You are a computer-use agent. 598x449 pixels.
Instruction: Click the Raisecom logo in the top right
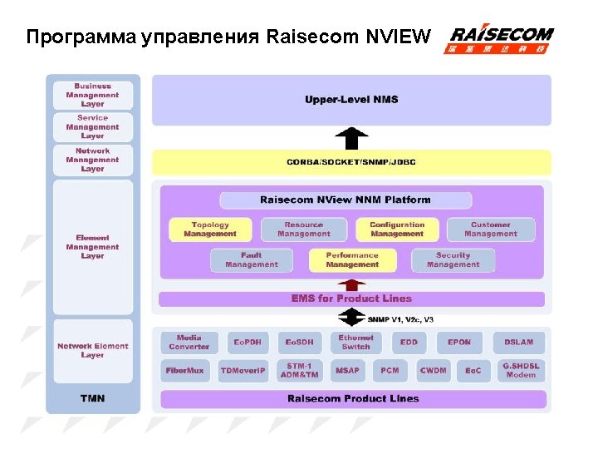[x=501, y=39]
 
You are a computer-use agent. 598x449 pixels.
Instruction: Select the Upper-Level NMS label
[x=351, y=100]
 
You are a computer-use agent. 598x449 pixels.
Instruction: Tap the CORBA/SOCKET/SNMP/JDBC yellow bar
[x=351, y=161]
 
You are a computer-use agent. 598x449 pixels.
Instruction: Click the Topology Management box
[x=209, y=229]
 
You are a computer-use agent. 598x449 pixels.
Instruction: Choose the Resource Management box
[x=303, y=229]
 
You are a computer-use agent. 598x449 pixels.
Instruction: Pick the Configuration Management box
[x=396, y=229]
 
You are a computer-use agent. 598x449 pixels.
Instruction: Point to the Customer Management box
[x=490, y=229]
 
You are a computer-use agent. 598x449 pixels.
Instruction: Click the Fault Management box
[x=251, y=260]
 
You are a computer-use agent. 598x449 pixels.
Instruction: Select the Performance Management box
[x=352, y=260]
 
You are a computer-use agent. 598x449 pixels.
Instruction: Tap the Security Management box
[x=453, y=260]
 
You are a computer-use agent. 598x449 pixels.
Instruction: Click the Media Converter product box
[x=189, y=343]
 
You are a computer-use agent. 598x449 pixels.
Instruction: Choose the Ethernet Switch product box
[x=355, y=343]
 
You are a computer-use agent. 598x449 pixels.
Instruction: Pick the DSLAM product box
[x=519, y=343]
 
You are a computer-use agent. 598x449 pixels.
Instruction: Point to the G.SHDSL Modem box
[x=521, y=371]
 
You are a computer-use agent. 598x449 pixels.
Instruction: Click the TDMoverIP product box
[x=243, y=371]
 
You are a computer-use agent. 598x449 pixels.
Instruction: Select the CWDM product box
[x=433, y=371]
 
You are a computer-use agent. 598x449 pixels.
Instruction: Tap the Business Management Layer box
[x=92, y=95]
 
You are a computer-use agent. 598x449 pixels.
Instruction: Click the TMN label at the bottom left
[x=92, y=398]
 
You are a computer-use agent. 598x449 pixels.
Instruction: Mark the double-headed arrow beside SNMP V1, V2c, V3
[x=352, y=318]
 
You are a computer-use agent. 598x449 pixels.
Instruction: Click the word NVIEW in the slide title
[x=400, y=37]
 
